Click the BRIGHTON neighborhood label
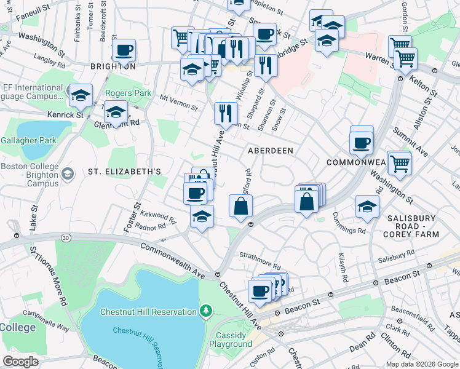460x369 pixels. coord(113,66)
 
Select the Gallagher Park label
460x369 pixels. coord(28,141)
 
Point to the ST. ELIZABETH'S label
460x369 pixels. coord(124,171)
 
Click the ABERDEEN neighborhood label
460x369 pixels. coord(270,151)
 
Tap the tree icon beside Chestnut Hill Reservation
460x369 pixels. coord(206,312)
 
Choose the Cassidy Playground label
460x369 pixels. coord(231,340)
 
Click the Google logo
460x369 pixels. coord(20,362)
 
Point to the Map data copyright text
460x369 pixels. coord(421,364)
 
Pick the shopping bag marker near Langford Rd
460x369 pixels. coord(240,206)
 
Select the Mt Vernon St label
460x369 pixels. coord(178,102)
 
